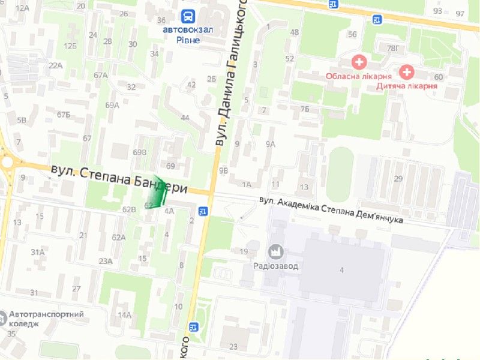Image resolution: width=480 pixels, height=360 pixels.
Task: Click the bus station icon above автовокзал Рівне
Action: [188, 16]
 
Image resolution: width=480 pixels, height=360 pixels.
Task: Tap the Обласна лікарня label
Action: [359, 76]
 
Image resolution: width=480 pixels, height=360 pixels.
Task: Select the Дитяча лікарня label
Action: [407, 86]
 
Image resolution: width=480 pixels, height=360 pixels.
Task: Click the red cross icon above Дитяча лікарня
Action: [407, 73]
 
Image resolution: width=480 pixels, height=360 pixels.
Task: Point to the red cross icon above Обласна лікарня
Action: [359, 62]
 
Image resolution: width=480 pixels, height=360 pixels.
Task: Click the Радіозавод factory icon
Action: [276, 251]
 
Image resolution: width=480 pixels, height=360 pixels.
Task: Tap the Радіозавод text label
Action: [276, 266]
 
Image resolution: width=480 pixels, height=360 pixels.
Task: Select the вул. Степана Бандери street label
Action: [119, 179]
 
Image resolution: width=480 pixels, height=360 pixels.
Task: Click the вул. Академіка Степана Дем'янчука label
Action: [331, 211]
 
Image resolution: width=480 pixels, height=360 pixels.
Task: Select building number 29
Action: [398, 178]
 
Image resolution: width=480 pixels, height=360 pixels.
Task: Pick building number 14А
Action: [124, 315]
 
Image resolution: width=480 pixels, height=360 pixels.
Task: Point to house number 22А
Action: [56, 65]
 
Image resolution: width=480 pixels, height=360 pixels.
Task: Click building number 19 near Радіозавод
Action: [244, 251]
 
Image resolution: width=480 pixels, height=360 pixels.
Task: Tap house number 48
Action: [294, 32]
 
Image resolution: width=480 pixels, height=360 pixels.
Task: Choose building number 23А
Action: [106, 260]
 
